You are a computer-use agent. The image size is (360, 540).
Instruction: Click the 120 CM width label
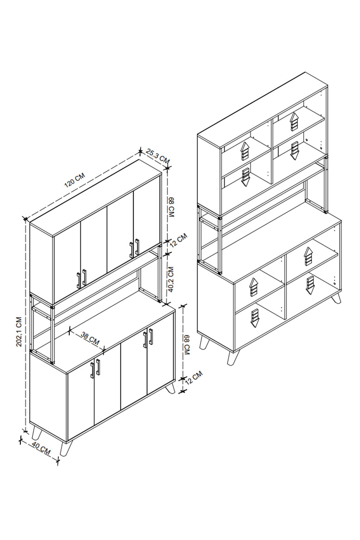[75, 180]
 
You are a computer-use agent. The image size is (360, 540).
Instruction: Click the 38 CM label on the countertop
[90, 338]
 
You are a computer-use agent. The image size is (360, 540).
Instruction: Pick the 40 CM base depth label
[41, 448]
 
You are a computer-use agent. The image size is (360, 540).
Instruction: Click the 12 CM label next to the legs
[193, 378]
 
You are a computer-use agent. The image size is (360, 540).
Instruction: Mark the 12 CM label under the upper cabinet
[178, 240]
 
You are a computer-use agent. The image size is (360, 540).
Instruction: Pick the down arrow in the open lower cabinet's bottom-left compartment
[255, 318]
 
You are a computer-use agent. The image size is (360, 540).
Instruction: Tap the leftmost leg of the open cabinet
[204, 342]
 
